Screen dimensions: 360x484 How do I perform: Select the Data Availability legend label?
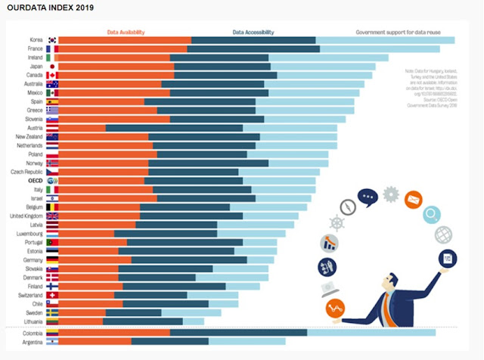click(126, 33)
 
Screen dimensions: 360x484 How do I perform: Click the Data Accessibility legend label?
click(253, 33)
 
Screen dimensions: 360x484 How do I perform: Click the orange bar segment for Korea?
click(125, 40)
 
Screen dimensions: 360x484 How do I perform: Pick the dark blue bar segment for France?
click(253, 49)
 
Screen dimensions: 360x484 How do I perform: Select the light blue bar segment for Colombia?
click(371, 332)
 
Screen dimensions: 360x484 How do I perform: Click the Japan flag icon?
click(52, 67)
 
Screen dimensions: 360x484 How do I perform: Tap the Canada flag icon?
click(52, 76)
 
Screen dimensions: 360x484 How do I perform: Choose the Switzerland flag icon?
click(52, 295)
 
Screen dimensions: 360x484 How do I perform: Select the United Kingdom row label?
click(26, 216)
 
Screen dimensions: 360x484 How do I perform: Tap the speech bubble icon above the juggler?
click(368, 198)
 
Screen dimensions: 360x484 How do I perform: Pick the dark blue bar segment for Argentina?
click(170, 341)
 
